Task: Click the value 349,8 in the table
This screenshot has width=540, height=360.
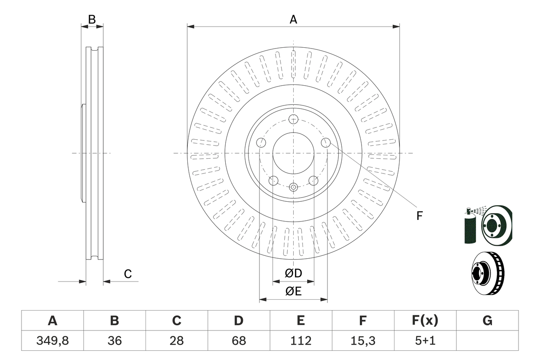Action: tap(52, 341)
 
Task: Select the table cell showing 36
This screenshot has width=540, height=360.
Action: tap(114, 341)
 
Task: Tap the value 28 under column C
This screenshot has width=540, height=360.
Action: tap(176, 341)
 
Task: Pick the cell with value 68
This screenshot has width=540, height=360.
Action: tap(238, 341)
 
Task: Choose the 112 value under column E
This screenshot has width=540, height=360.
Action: tap(300, 341)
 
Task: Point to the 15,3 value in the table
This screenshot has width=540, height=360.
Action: tap(362, 341)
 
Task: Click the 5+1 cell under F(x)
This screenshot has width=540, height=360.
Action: tap(425, 341)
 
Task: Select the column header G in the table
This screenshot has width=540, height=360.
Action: tap(487, 321)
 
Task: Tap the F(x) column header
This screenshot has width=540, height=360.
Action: tap(425, 321)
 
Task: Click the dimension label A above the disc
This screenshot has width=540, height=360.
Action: tap(293, 19)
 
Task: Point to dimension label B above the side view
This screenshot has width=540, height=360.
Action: tap(92, 19)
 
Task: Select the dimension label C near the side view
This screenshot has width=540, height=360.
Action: tap(128, 274)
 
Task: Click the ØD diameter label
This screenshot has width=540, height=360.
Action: tap(293, 273)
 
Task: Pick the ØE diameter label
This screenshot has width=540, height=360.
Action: tap(293, 292)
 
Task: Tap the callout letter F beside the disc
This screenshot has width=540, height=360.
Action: tap(419, 216)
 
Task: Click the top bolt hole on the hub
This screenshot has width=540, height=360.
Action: tap(294, 119)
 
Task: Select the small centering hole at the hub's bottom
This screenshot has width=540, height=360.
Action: tap(294, 187)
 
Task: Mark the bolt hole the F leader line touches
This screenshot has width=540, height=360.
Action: tap(325, 143)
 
